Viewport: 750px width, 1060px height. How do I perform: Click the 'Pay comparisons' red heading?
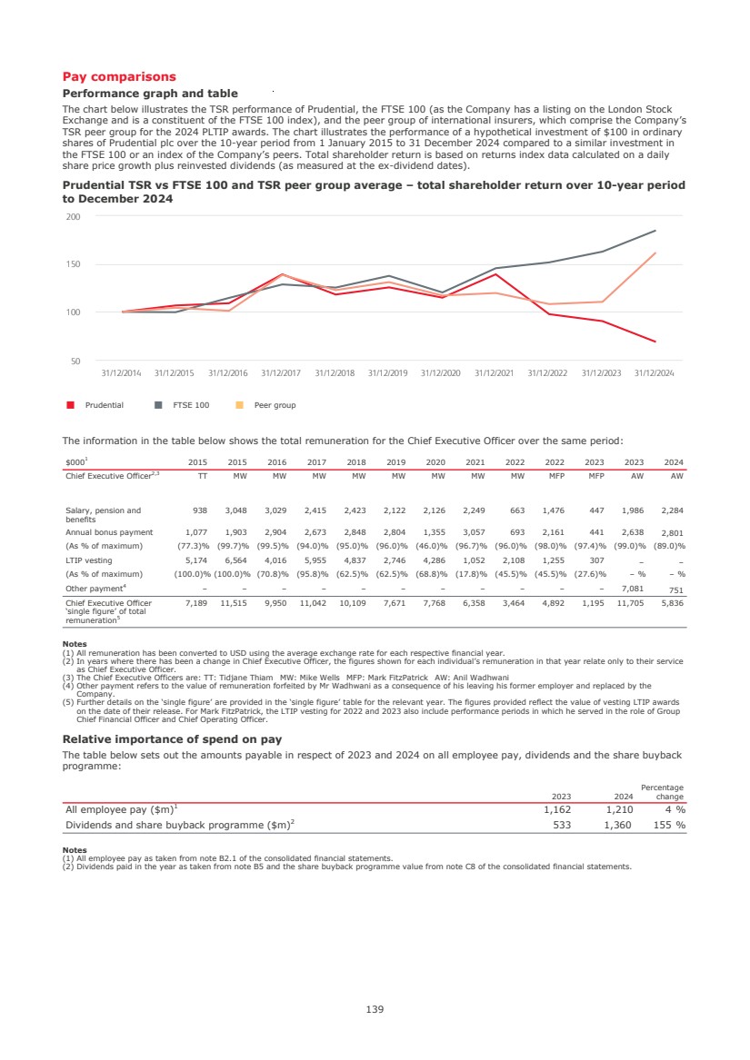pyautogui.click(x=118, y=77)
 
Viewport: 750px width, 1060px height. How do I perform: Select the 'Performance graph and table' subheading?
pyautogui.click(x=149, y=94)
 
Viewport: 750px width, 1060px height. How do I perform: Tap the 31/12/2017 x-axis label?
pyautogui.click(x=281, y=373)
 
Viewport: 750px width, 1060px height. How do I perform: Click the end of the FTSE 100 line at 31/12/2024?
pyautogui.click(x=655, y=231)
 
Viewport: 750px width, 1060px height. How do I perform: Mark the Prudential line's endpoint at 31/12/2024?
pyautogui.click(x=655, y=342)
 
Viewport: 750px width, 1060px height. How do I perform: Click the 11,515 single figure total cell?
pyautogui.click(x=234, y=602)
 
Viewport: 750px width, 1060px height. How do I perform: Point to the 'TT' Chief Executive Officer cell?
pyautogui.click(x=202, y=475)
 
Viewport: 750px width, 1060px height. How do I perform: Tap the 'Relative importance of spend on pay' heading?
pyautogui.click(x=171, y=739)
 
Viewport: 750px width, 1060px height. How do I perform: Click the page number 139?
pyautogui.click(x=375, y=1008)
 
